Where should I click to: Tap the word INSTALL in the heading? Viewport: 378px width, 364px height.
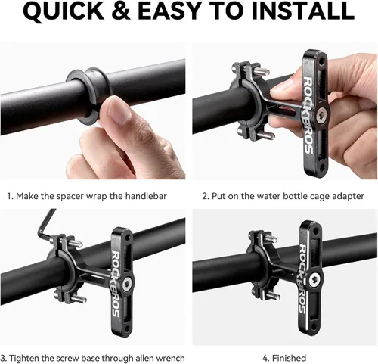click(x=303, y=11)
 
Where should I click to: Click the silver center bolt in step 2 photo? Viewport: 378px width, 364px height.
click(x=321, y=113)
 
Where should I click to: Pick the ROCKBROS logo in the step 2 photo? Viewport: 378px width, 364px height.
click(x=308, y=115)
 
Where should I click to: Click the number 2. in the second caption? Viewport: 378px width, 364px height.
click(x=206, y=196)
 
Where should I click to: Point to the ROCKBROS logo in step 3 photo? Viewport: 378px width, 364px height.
click(x=116, y=284)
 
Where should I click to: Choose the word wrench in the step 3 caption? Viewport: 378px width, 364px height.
click(x=170, y=358)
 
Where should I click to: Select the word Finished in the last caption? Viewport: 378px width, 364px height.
click(x=289, y=358)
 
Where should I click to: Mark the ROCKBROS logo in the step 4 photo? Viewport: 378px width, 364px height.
click(x=303, y=279)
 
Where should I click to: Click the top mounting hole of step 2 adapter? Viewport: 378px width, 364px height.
click(x=321, y=61)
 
